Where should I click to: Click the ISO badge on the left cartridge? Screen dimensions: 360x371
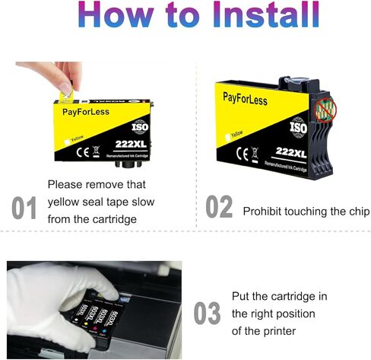tap(138, 126)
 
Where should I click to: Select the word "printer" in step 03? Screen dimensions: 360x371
tap(279, 331)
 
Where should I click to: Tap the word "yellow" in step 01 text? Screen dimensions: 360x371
tap(65, 202)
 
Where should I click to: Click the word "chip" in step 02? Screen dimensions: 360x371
tap(356, 211)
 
